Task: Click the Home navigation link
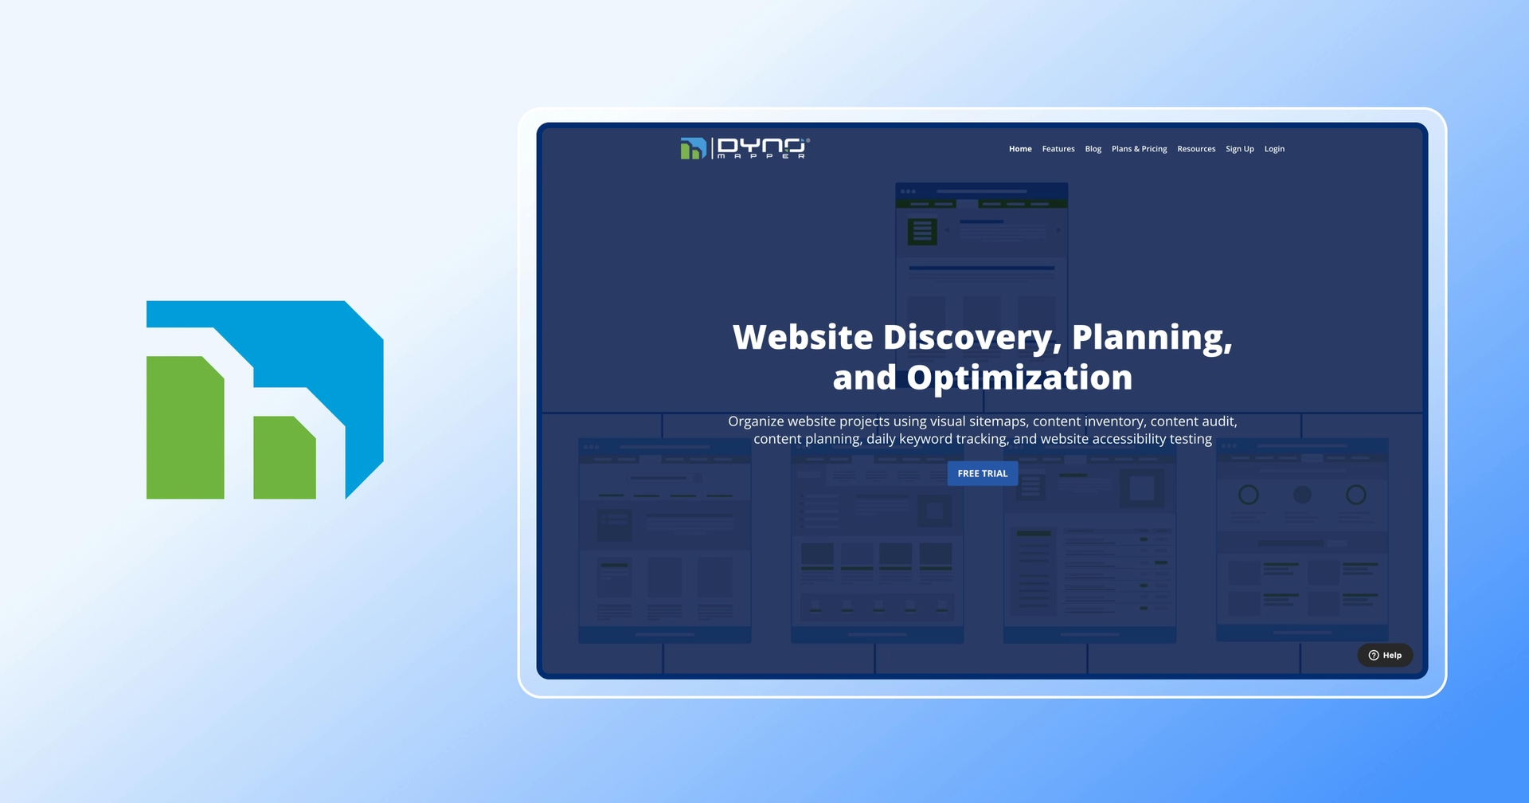click(x=1020, y=149)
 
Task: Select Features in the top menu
click(x=1058, y=149)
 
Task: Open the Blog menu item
click(x=1093, y=149)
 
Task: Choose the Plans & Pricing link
click(x=1139, y=149)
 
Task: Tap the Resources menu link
click(x=1196, y=149)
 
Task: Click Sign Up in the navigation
click(x=1239, y=149)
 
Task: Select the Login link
click(x=1274, y=149)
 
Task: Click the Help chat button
click(x=1385, y=655)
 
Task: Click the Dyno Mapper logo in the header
click(x=745, y=148)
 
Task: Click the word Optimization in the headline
click(x=1019, y=378)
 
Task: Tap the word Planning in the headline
click(x=1152, y=338)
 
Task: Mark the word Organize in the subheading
click(x=756, y=421)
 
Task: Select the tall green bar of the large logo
click(x=185, y=430)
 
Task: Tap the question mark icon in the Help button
click(x=1374, y=655)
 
